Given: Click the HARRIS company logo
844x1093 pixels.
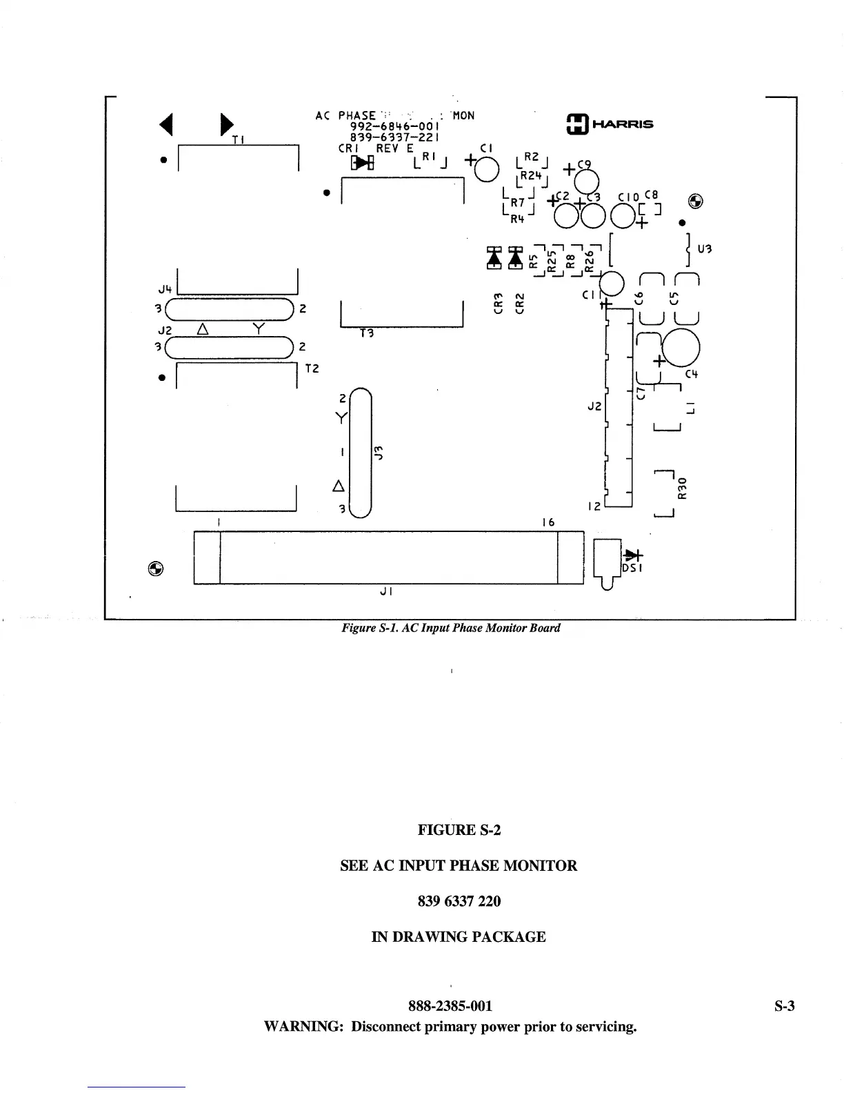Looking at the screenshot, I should coord(609,124).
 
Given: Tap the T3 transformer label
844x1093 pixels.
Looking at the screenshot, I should coord(366,333).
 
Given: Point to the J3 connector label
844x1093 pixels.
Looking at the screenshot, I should coord(378,452).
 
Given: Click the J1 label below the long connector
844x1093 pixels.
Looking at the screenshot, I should coord(386,591).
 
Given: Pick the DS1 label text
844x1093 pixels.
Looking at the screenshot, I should coord(632,568).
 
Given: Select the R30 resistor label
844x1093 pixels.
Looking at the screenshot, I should coord(683,488).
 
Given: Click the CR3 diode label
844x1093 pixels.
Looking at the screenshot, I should coord(498,302).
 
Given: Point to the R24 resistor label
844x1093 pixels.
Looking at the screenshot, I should coord(531,176).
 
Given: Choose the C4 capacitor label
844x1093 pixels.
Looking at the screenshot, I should coord(692,375).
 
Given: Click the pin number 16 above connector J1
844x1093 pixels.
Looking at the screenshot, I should coord(547,523).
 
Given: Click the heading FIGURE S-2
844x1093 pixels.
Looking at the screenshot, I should coord(459,829).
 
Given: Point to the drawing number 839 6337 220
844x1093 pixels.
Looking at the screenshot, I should coord(459,901).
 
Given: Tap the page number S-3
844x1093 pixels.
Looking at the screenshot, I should coord(784,1006).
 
